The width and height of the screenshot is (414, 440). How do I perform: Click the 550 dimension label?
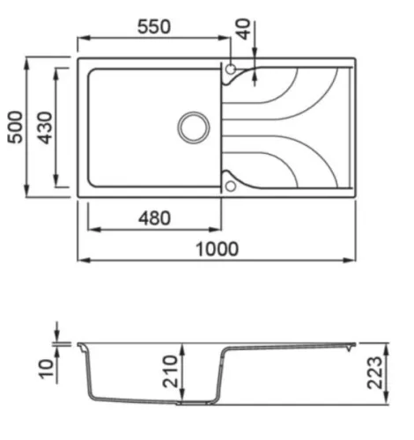[x=154, y=26]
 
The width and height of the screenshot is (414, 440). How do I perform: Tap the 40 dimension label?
[x=244, y=29]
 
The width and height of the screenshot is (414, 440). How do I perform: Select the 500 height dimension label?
[x=15, y=127]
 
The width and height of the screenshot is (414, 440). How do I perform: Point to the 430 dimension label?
[x=46, y=128]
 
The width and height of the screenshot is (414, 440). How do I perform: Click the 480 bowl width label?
[x=154, y=218]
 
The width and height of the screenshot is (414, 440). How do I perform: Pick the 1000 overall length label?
[x=217, y=249]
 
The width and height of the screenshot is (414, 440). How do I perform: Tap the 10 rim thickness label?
[x=47, y=369]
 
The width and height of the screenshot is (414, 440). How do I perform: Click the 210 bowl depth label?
[x=170, y=371]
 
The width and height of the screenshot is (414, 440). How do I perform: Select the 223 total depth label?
[x=375, y=373]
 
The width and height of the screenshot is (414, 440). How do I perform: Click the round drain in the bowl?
[x=194, y=128]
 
